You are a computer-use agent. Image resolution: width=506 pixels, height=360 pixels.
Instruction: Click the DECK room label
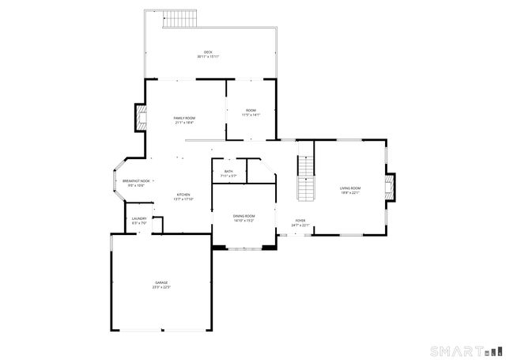[x=208, y=52]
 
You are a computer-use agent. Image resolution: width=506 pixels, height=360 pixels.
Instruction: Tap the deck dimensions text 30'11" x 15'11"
[x=208, y=57]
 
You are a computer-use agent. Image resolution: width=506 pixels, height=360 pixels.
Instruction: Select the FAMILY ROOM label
[x=184, y=118]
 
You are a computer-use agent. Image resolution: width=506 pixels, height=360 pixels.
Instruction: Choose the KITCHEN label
[x=183, y=195]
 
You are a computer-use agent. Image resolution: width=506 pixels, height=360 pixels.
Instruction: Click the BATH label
[x=228, y=171]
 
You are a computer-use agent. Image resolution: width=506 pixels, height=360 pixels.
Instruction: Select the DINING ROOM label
[x=244, y=216]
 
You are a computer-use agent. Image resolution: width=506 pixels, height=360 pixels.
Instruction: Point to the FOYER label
[x=300, y=221]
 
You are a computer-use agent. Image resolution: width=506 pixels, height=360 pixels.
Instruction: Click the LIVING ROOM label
[x=350, y=188]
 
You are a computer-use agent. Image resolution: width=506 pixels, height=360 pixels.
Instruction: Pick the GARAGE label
[x=161, y=282]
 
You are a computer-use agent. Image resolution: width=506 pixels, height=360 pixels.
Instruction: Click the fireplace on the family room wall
[x=141, y=119]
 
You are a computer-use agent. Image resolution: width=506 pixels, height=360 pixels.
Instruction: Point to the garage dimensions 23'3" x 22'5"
[x=161, y=287]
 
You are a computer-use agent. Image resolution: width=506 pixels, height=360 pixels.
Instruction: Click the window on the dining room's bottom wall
[x=244, y=248]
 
